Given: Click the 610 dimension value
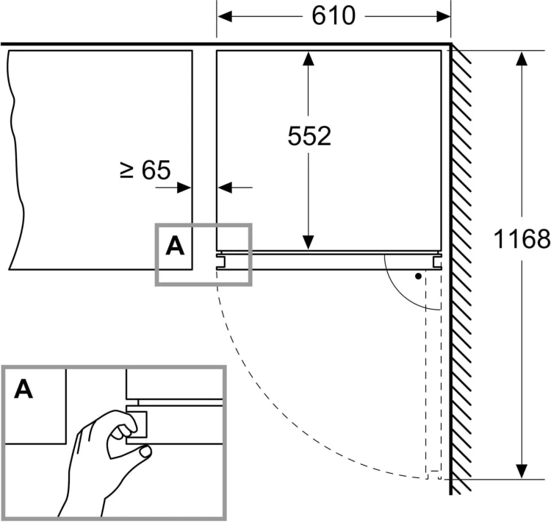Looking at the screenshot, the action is tap(334, 16).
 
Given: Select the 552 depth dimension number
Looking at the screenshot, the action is tap(309, 136).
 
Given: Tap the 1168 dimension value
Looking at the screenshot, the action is tap(522, 239).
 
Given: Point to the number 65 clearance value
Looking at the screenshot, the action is tap(156, 171).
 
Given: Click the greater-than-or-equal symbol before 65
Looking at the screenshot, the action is tap(126, 171).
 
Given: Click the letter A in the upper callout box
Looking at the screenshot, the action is tap(175, 246).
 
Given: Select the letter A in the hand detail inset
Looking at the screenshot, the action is tap(24, 389).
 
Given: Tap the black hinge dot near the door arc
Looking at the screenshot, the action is tap(418, 277).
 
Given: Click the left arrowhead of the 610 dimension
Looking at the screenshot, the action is tap(225, 16).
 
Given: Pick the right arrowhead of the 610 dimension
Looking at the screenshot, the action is tap(443, 16).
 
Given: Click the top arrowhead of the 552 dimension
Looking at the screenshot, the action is tap(308, 58).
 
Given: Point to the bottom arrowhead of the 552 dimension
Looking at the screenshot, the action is tap(308, 242).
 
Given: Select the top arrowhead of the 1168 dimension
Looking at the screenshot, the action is tap(522, 58).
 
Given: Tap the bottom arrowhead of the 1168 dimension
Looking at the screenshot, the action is tap(522, 471).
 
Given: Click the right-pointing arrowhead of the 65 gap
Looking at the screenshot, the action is tap(184, 188).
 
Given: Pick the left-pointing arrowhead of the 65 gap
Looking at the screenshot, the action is tap(225, 188).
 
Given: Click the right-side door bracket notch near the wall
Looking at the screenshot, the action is tap(438, 262).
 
